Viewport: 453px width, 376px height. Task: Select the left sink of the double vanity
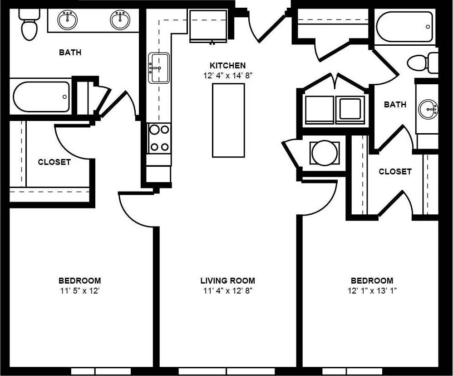pos(68,20)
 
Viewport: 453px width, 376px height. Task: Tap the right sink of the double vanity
pos(120,20)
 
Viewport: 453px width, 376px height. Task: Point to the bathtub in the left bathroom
pos(41,96)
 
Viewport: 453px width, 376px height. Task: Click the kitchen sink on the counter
pos(159,68)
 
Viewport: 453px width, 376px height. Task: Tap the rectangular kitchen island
pos(228,120)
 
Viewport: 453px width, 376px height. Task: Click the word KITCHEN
pos(227,66)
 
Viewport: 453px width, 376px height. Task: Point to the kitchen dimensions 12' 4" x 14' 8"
pos(227,76)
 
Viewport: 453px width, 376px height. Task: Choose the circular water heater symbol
pos(324,153)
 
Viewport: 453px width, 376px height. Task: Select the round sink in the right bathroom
pos(428,109)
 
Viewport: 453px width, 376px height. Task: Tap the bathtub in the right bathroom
pos(404,27)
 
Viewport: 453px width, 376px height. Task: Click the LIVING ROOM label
pos(227,281)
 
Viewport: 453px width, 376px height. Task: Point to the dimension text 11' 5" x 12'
pos(79,291)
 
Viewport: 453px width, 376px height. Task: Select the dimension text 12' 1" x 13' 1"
pos(372,291)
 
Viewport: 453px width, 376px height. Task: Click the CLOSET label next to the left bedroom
pos(54,162)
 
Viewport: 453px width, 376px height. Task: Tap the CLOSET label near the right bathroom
pos(395,172)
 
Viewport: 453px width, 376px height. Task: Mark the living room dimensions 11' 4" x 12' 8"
pos(227,291)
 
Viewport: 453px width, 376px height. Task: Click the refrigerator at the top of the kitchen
pos(208,26)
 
